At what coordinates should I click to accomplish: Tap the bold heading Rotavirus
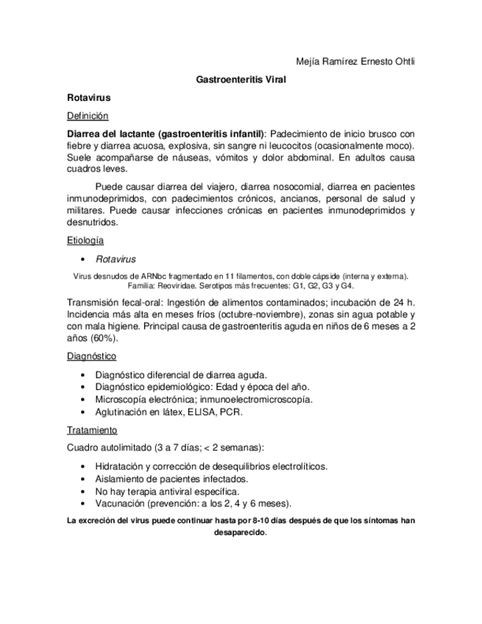[88, 97]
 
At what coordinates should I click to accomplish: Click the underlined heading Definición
[88, 116]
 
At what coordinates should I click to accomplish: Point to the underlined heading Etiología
[85, 241]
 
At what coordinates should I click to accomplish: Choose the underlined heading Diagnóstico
[91, 356]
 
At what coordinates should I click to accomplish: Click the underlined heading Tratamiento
[92, 430]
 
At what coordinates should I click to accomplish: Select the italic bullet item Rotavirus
[116, 259]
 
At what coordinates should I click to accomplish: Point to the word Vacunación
[122, 503]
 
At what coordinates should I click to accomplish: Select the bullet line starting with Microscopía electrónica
[204, 400]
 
